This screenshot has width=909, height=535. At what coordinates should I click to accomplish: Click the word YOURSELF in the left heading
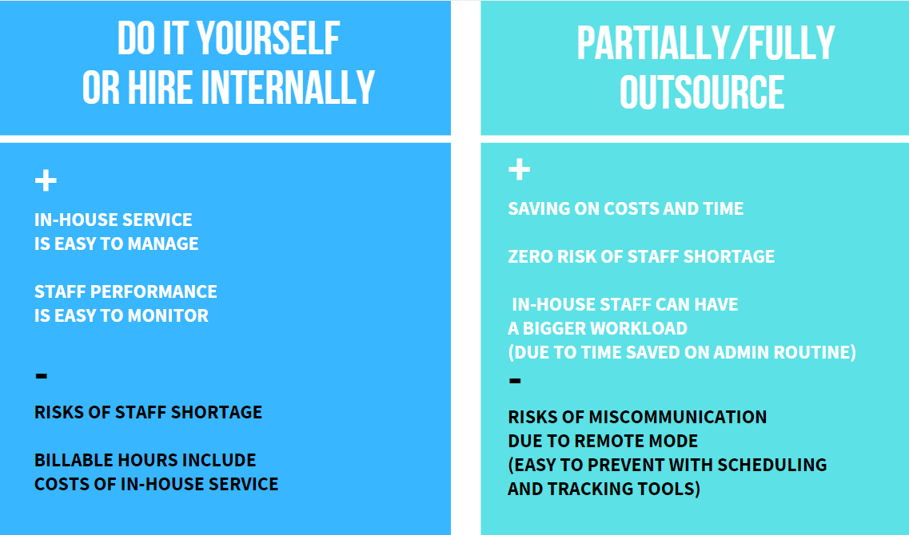point(268,39)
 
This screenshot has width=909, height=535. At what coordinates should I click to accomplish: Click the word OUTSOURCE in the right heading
point(701,92)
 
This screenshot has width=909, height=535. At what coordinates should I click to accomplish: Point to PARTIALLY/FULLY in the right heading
point(705,43)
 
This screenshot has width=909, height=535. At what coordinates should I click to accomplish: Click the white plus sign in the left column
point(46,180)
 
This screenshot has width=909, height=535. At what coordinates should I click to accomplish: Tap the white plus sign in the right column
point(519,169)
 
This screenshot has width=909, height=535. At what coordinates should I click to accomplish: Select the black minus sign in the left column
point(41,376)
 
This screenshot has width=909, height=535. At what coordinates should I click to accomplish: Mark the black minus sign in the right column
point(515,380)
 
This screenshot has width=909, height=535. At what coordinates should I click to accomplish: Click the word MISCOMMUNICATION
point(678,417)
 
